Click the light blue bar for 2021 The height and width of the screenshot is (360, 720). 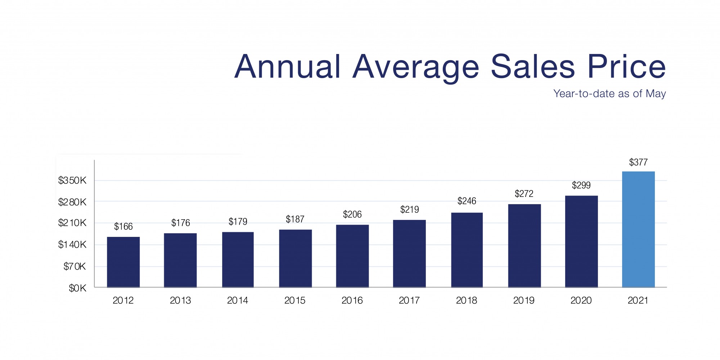638,229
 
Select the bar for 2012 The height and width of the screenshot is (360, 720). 123,262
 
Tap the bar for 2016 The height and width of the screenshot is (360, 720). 352,256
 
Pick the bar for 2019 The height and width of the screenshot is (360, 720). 524,246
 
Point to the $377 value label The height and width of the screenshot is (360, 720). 638,162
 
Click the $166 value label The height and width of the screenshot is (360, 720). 123,226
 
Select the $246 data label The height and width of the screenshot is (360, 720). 467,201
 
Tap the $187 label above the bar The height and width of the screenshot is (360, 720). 295,219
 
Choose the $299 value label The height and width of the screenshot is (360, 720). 581,185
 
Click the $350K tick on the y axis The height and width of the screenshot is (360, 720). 72,180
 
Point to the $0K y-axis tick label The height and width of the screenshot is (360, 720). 77,288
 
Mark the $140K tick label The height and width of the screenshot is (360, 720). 72,245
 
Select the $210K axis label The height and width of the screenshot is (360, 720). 72,223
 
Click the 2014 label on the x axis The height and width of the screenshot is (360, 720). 238,300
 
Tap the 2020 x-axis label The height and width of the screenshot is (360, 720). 581,300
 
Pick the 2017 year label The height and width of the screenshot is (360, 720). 409,300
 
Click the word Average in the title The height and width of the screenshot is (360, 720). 416,67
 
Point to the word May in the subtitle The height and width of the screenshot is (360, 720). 656,94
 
